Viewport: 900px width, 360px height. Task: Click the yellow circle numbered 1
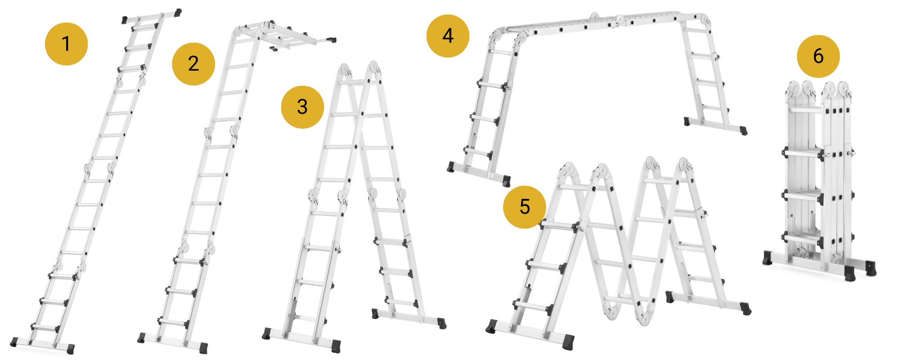coord(66,44)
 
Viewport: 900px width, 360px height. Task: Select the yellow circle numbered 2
coord(193,64)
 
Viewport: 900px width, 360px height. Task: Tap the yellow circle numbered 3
coord(302,107)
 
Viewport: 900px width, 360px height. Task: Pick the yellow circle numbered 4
coord(448,36)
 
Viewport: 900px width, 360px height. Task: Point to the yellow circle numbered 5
coord(525,207)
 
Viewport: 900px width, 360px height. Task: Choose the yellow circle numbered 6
coord(818,56)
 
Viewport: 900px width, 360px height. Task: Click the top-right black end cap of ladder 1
coord(178,12)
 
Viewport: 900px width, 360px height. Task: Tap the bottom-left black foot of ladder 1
coord(13,342)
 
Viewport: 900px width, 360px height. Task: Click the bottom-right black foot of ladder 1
coord(71,349)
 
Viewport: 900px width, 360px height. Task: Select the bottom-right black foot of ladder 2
coord(203,347)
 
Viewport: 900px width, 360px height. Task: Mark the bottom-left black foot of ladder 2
coord(141,338)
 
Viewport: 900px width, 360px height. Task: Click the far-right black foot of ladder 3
coord(442,323)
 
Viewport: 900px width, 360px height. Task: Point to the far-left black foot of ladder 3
coord(266,333)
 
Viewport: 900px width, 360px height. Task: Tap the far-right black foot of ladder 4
coord(744,130)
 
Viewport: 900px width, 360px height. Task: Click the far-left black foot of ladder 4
coord(450,167)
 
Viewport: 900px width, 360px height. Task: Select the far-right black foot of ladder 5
coord(746,309)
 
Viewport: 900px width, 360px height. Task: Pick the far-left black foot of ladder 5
coord(491,327)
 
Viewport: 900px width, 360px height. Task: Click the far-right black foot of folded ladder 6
coord(871,268)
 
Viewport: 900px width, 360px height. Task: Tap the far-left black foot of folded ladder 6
coord(768,258)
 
